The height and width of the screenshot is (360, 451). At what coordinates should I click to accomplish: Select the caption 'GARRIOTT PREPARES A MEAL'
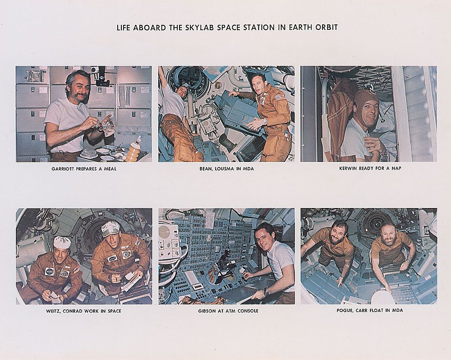pos(84,169)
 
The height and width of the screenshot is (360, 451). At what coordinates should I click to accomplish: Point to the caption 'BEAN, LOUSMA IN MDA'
pos(227,169)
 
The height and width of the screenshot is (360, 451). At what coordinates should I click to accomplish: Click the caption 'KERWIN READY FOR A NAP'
pos(370,168)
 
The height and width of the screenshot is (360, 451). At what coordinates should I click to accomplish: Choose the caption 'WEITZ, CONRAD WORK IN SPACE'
pos(84,311)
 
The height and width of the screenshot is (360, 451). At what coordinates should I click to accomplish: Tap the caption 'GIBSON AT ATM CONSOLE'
pos(228,311)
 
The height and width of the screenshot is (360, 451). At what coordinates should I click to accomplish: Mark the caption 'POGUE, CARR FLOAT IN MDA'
pos(370,310)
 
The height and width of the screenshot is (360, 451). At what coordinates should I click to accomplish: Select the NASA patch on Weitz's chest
pos(49,271)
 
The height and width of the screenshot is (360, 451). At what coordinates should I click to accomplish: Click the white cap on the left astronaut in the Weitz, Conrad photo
pos(62,242)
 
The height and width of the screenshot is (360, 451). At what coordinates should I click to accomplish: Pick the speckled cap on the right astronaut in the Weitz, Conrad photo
pos(110,229)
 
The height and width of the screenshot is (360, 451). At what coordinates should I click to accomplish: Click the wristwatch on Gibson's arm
pos(266,291)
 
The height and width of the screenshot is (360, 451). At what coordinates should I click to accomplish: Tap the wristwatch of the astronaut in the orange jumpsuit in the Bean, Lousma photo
pos(265,121)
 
